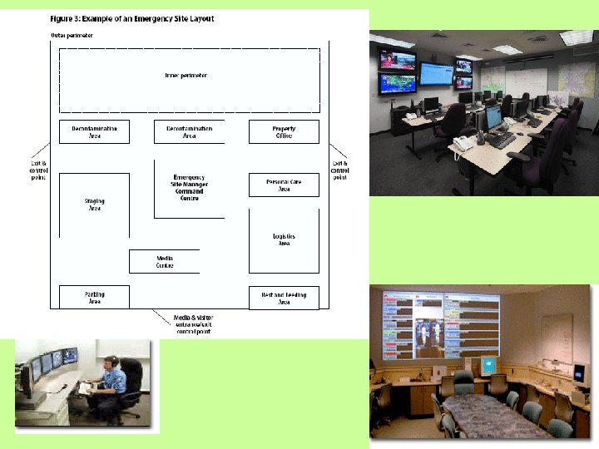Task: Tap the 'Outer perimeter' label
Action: click(72, 36)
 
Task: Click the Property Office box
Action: click(284, 132)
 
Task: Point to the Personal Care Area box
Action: click(284, 185)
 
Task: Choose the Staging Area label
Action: click(94, 205)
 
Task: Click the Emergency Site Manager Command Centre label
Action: click(188, 189)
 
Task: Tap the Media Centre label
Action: click(165, 262)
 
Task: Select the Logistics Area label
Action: click(284, 240)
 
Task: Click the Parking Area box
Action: click(94, 297)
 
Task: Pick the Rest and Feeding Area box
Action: click(284, 298)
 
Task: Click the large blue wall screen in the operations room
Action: click(436, 73)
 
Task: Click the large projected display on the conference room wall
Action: click(435, 323)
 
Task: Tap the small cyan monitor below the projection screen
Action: click(488, 363)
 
